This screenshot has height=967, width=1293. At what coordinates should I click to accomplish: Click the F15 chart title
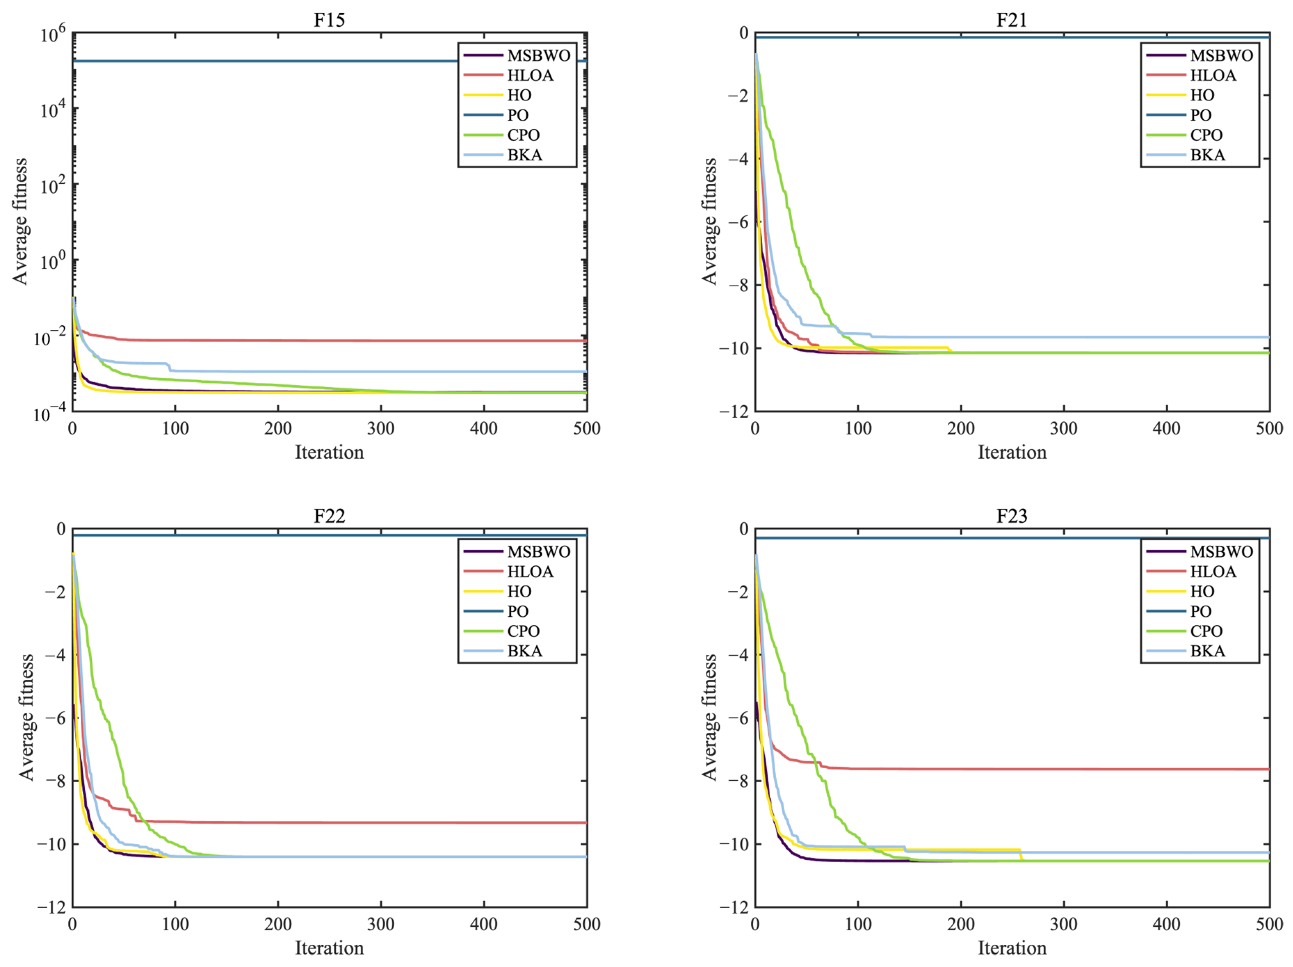[x=329, y=19]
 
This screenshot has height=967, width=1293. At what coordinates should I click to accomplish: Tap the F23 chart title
[x=1012, y=516]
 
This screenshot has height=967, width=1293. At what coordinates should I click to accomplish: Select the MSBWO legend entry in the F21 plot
[x=1221, y=56]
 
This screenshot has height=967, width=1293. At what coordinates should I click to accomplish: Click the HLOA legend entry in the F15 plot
[x=530, y=75]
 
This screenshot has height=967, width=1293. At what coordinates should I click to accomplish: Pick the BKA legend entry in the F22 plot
[x=524, y=651]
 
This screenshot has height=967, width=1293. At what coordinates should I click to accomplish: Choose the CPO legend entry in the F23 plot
[x=1206, y=631]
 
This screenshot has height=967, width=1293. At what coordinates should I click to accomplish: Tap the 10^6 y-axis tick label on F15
[x=53, y=35]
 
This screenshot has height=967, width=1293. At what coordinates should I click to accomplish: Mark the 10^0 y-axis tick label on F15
[x=53, y=263]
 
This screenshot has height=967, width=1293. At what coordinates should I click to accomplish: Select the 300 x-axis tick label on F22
[x=381, y=924]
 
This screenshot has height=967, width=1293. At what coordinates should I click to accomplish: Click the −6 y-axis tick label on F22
[x=55, y=718]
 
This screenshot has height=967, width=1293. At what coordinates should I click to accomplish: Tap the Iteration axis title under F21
[x=1012, y=452]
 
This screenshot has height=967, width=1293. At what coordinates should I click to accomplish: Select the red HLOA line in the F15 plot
[x=351, y=340]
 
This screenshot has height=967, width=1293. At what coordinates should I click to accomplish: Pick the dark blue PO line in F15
[x=263, y=61]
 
